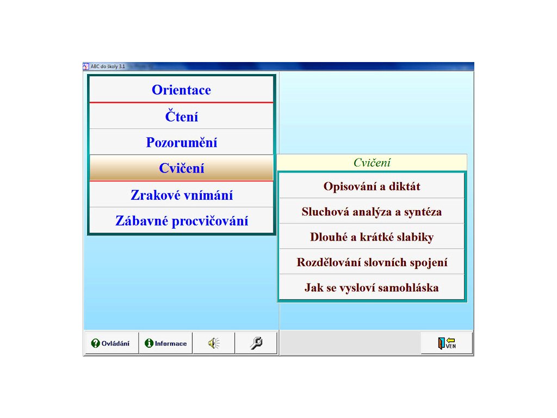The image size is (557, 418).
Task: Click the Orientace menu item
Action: pyautogui.click(x=181, y=90)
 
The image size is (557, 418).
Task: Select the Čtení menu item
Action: pyautogui.click(x=181, y=116)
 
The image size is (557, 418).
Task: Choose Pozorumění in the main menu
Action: pyautogui.click(x=181, y=142)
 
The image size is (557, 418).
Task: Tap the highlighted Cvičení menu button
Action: pyautogui.click(x=181, y=168)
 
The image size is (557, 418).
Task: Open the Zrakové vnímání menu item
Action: pyautogui.click(x=181, y=195)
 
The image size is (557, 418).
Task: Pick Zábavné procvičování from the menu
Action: pyautogui.click(x=181, y=220)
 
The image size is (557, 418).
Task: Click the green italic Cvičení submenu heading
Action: pyautogui.click(x=372, y=162)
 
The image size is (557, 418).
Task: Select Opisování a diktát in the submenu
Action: pyautogui.click(x=372, y=186)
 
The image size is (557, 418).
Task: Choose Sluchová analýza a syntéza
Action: pyautogui.click(x=372, y=211)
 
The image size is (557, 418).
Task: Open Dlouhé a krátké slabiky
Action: pyautogui.click(x=372, y=236)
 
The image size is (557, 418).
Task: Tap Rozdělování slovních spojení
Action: pyautogui.click(x=372, y=262)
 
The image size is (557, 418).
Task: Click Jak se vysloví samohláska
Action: pyautogui.click(x=372, y=287)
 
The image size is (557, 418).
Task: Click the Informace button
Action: pyautogui.click(x=165, y=343)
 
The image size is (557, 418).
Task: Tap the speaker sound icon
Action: pyautogui.click(x=213, y=343)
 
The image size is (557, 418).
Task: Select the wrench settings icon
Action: pyautogui.click(x=256, y=343)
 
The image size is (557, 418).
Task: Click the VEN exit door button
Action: pyautogui.click(x=447, y=343)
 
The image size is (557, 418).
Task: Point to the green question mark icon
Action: pyautogui.click(x=95, y=343)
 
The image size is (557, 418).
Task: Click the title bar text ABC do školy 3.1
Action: pyautogui.click(x=108, y=66)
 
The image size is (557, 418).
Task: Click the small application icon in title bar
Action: pyautogui.click(x=86, y=66)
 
